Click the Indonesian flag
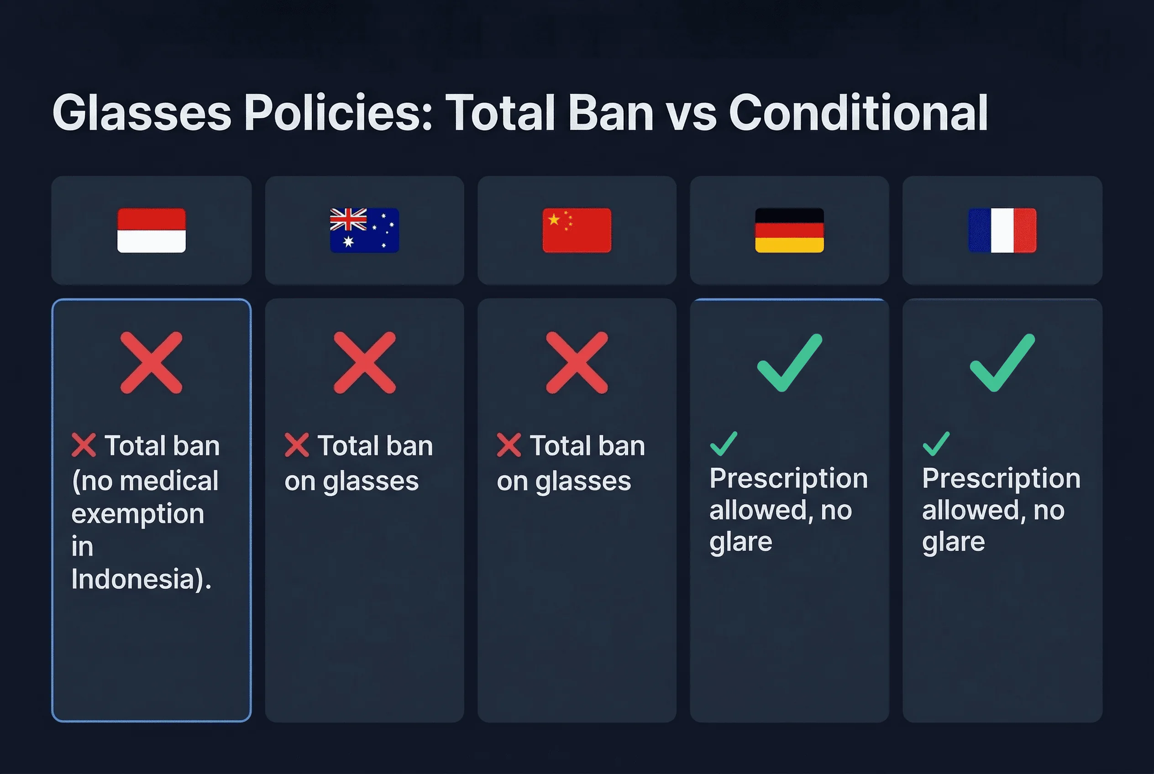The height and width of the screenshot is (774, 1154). pos(151,230)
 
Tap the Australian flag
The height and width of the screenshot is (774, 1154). pos(364,230)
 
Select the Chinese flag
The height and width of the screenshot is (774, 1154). pos(577,230)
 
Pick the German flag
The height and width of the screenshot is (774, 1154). pos(789,230)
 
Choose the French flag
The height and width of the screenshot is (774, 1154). pos(1002,230)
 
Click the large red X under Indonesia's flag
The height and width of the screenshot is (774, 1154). pos(151,363)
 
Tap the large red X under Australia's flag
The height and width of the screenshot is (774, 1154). pos(364,363)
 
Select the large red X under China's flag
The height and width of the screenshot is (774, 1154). pos(577,363)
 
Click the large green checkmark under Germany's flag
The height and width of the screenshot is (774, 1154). pos(789,363)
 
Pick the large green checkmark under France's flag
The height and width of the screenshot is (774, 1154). pos(1002,363)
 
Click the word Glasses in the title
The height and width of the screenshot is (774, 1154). pos(142,114)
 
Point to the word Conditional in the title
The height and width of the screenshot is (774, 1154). pos(858,114)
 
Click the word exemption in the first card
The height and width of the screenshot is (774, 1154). pos(138,514)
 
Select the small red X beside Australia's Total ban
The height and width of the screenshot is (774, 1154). pos(297,445)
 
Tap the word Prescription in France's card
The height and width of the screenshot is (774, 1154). pos(1001,478)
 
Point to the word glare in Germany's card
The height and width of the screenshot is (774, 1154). pos(740,542)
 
